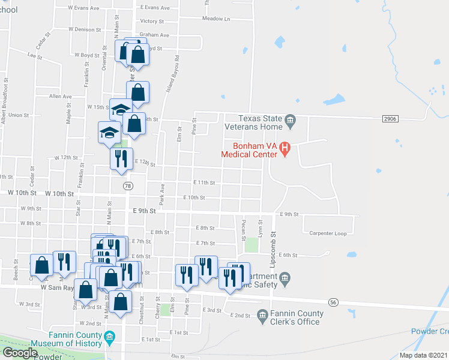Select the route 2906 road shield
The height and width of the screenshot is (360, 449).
[x=390, y=119]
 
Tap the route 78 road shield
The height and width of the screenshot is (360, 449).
[x=127, y=187]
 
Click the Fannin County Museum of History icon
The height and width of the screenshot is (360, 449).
[x=110, y=338]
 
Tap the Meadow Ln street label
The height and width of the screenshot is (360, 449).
[x=216, y=19]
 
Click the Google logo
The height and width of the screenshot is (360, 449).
[x=19, y=353]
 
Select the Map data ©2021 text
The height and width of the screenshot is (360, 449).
[x=423, y=355]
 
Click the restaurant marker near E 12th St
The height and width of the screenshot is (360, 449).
[x=120, y=158]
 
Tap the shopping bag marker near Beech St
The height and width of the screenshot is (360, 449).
[x=41, y=265]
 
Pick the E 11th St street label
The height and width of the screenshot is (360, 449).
[x=203, y=182]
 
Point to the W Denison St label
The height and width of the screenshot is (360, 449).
[x=86, y=29]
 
